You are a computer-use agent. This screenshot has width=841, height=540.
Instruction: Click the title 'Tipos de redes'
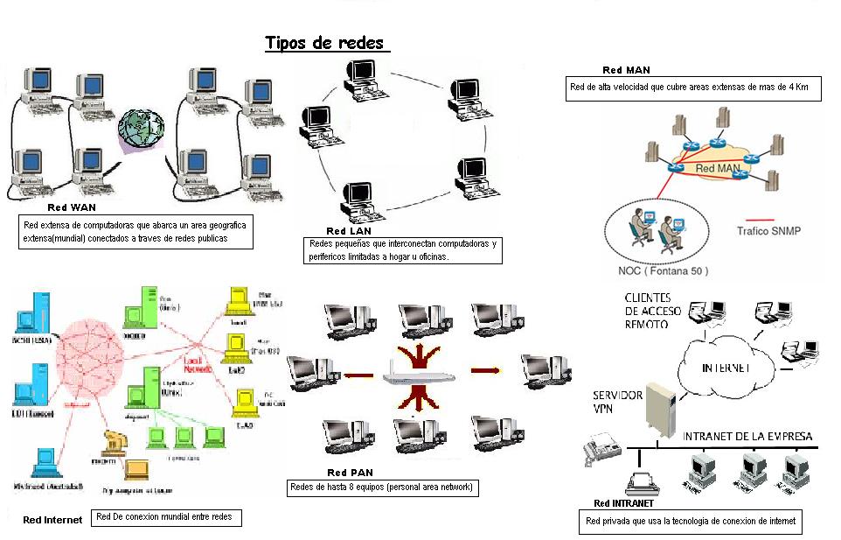point(324,43)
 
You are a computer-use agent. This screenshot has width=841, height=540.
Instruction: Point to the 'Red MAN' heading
point(626,70)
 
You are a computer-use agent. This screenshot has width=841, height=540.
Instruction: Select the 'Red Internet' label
point(52,519)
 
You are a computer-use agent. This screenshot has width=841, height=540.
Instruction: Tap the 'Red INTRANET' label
point(623,503)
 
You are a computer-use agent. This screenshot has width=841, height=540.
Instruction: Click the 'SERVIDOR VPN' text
point(618,401)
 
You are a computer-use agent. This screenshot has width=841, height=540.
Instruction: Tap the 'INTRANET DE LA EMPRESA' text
point(747,436)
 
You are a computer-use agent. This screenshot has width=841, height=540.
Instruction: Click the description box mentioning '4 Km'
point(693,88)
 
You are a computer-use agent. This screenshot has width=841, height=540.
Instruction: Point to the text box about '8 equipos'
point(382,487)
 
